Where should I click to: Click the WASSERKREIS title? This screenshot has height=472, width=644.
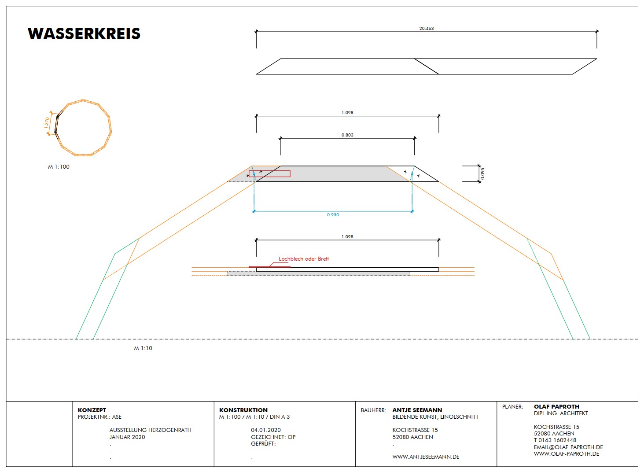[x=84, y=34]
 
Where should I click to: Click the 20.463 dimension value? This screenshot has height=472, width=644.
[x=426, y=29]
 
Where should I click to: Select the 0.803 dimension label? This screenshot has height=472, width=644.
[x=347, y=135]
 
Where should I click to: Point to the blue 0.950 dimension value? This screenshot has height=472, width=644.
[x=333, y=215]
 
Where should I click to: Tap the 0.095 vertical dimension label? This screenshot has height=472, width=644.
[x=482, y=173]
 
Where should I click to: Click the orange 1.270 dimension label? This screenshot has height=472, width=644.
[x=47, y=122]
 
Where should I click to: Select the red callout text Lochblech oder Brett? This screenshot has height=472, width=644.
[x=304, y=259]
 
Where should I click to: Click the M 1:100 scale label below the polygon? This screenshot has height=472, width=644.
[x=59, y=167]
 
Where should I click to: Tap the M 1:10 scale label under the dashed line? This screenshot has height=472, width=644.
[x=143, y=348]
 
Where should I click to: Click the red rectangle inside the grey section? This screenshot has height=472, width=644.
[x=269, y=174]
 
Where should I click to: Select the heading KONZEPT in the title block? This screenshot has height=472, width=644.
[x=92, y=410]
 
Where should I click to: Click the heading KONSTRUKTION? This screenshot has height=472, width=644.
[x=243, y=410]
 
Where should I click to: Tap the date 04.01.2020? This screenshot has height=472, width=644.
[x=266, y=430]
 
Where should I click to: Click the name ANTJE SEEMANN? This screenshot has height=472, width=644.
[x=417, y=410]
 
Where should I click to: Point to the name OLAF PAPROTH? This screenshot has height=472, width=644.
[x=556, y=406]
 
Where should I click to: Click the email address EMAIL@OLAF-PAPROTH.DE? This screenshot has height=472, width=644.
[x=568, y=447]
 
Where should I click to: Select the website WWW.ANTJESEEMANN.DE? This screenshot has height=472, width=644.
[x=426, y=457]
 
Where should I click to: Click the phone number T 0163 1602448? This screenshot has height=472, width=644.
[x=555, y=440]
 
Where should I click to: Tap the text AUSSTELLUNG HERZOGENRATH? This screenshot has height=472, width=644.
[x=150, y=430]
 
